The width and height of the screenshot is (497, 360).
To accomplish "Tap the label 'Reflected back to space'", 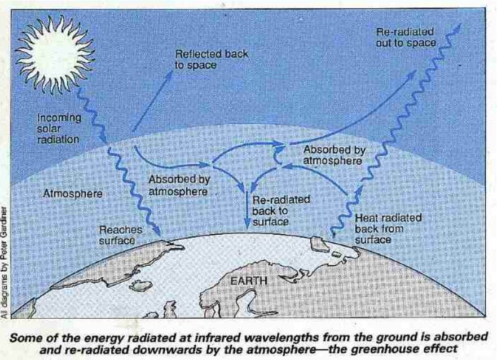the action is point(211,60).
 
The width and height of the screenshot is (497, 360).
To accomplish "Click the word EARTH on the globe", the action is point(249,280).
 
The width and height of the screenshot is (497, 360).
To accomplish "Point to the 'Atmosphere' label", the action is point(73,194).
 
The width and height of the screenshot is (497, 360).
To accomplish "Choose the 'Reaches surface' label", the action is point(117,235).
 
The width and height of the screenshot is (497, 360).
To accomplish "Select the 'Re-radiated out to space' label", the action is point(406,37).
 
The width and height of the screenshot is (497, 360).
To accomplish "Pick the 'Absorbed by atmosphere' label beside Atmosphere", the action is point(178,186).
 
